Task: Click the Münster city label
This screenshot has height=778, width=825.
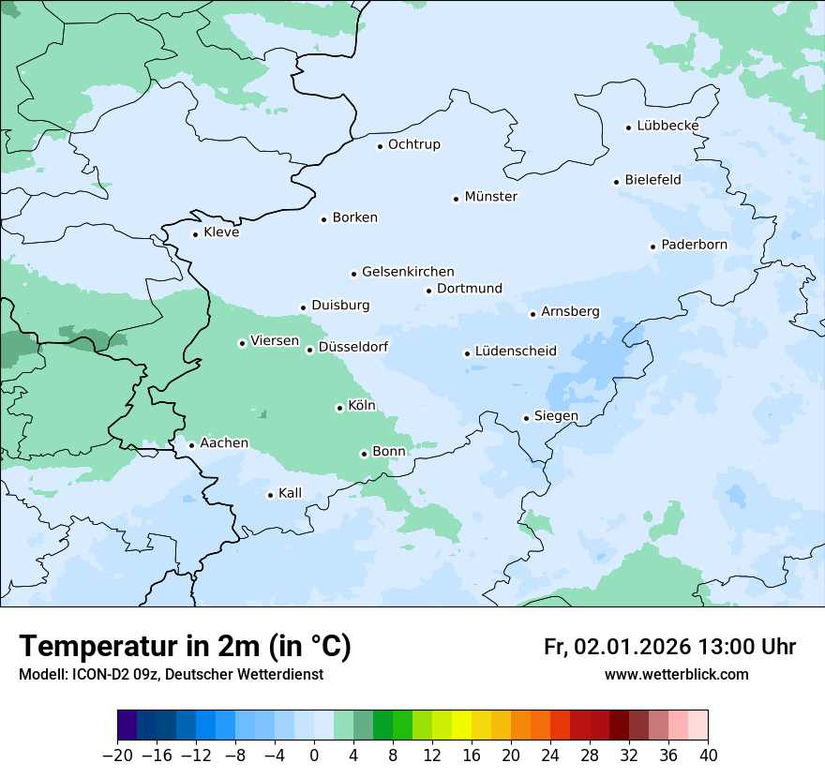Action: [x=491, y=197]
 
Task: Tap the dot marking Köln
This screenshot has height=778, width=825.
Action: [x=339, y=408]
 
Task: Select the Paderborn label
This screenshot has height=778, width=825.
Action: [x=694, y=245]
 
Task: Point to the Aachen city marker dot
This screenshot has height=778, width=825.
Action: [x=191, y=445]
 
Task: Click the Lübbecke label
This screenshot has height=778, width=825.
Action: [x=667, y=126]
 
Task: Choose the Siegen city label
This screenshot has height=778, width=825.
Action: [x=556, y=416]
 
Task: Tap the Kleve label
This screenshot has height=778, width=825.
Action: [x=221, y=232]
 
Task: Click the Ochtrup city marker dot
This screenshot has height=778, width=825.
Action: [x=380, y=145]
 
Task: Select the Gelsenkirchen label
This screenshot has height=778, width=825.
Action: [x=408, y=272]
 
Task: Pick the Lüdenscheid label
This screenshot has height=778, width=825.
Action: [x=516, y=352]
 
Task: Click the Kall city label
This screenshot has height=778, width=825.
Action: [x=291, y=493]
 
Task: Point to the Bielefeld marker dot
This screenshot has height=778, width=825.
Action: [x=617, y=182]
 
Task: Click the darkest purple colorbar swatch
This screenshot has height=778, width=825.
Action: [x=127, y=726]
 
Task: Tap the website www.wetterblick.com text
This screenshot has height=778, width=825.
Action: [x=676, y=674]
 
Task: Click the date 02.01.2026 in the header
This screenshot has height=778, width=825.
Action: [x=633, y=647]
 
